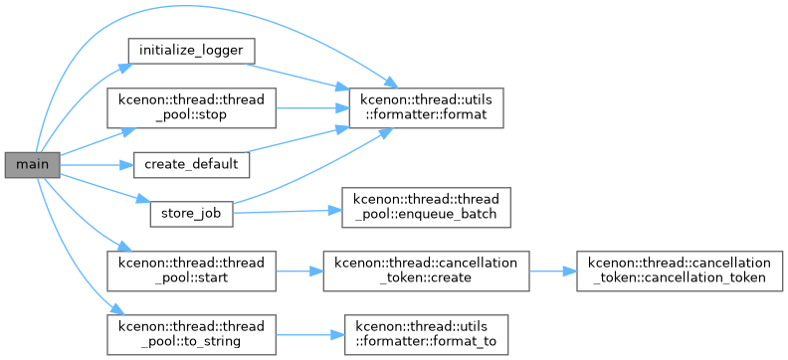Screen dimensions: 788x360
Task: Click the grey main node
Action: point(33,165)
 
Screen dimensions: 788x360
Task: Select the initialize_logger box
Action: point(191,50)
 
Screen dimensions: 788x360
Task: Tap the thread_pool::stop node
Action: point(191,107)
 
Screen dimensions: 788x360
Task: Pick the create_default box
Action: point(191,165)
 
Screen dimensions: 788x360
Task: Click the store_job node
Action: point(191,215)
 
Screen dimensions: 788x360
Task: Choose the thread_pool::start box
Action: point(191,271)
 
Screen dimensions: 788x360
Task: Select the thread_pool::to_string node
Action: point(191,335)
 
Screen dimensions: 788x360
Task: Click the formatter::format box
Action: point(426,107)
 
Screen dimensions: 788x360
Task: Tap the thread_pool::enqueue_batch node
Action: point(426,208)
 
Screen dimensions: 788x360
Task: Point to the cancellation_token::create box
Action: point(426,271)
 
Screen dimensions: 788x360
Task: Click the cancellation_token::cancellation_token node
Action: point(680,271)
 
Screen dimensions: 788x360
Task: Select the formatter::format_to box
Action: point(426,335)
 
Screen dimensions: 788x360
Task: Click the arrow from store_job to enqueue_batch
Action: point(288,212)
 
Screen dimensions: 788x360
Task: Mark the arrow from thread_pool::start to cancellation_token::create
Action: point(299,271)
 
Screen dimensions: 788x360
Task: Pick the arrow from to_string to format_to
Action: point(310,335)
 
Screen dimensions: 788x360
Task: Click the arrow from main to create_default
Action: point(97,165)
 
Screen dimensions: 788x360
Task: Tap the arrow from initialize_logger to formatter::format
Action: point(296,77)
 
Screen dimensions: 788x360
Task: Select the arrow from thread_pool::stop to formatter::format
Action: point(312,107)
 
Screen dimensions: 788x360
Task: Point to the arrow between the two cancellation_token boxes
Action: point(553,271)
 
